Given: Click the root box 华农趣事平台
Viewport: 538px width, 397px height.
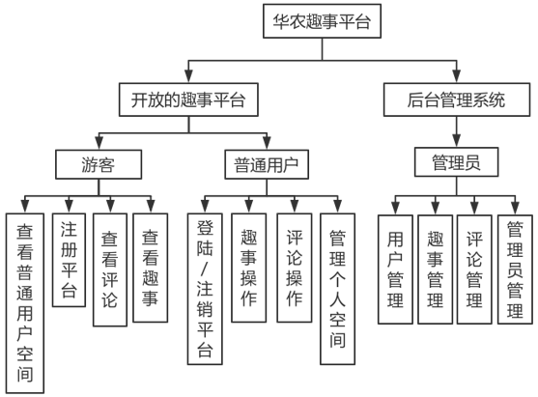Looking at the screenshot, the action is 322,21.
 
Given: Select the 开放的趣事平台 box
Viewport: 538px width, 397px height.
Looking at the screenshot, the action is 188,99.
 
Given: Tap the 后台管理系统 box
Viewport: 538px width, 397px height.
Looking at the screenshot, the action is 457,99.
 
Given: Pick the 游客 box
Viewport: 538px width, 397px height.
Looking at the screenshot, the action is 99,164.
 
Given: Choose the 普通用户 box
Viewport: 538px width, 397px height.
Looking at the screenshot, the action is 267,164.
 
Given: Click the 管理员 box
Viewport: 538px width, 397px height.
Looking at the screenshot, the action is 456,162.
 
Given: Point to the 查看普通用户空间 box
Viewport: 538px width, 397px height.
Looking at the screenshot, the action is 25,303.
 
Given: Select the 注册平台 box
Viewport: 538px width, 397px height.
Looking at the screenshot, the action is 69,260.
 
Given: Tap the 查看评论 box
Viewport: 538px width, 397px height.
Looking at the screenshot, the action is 110,269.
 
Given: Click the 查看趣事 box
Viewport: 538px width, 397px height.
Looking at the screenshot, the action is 151,268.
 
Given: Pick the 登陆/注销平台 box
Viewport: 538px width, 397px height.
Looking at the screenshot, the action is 205,289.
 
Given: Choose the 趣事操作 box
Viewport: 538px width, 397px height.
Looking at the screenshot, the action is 249,268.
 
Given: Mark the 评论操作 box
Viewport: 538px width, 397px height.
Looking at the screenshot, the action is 295,268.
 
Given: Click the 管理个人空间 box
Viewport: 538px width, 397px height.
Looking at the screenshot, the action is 338,289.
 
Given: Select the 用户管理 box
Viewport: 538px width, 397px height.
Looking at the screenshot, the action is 395,269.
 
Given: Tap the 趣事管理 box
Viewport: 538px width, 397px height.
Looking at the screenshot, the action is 435,269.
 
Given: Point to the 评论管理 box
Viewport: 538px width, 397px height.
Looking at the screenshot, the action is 474,269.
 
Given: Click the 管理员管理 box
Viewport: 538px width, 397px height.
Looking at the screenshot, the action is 515,269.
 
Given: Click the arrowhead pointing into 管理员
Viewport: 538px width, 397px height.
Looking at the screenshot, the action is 456,141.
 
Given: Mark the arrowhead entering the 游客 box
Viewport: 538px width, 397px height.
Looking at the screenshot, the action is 99,143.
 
